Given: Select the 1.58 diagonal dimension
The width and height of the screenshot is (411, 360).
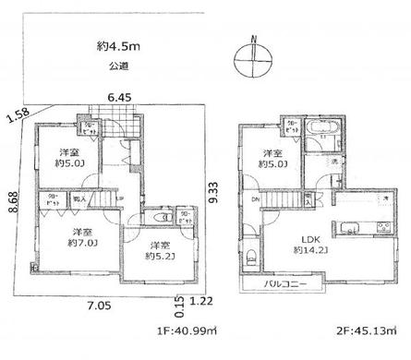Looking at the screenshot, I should [17, 114].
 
